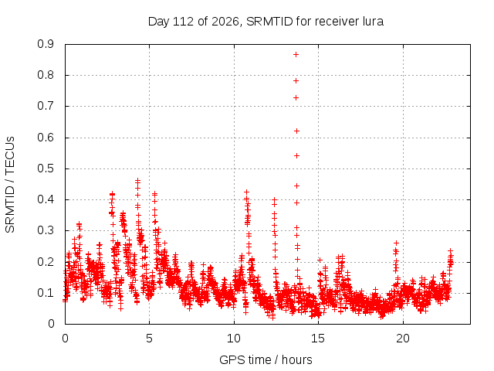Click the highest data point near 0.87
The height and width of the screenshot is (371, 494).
point(296,55)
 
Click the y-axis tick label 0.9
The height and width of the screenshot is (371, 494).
point(46,44)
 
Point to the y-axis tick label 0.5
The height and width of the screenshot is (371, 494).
point(46,168)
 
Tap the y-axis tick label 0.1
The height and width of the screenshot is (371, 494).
point(46,293)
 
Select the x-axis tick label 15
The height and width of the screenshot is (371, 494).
point(318,339)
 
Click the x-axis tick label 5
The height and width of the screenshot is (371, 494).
point(149,339)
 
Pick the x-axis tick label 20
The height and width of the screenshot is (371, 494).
point(403,339)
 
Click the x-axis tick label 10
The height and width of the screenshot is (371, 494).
point(234,339)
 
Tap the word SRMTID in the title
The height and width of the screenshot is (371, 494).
point(269,22)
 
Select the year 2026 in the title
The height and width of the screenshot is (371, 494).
point(225,22)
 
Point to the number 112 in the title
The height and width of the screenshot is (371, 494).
point(184,22)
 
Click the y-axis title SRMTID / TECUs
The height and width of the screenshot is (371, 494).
point(10,185)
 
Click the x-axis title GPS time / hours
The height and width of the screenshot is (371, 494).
point(266,359)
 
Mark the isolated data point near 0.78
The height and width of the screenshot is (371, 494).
point(296,81)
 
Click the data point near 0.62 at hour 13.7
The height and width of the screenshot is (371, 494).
point(296,131)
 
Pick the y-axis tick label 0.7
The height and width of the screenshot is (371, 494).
point(46,107)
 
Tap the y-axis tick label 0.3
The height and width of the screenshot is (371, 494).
point(46,230)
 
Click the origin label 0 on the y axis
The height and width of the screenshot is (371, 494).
point(51,324)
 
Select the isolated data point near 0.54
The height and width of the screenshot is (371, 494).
point(296,156)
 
